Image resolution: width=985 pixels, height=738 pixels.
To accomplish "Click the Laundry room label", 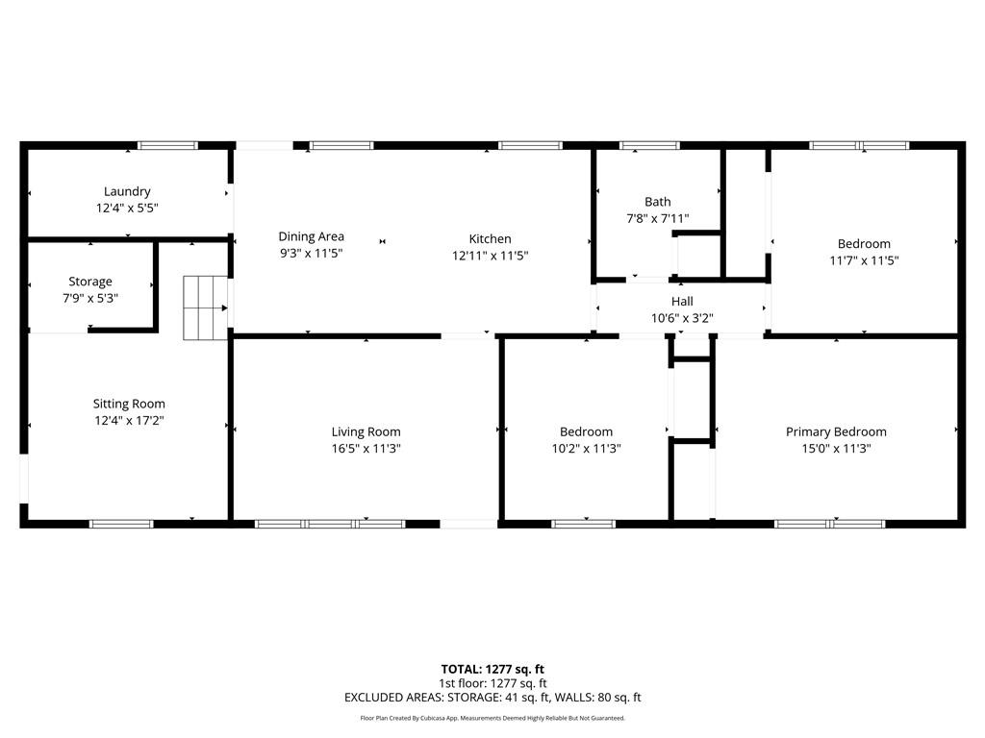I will pos(127,191).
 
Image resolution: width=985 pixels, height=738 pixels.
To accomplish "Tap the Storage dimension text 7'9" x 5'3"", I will pos(89,298).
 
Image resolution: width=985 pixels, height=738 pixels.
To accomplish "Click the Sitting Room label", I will pos(129,404).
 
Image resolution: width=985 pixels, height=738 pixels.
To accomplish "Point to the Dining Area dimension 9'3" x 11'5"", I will pos(311,253).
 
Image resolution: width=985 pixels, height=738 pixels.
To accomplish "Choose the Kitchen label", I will pos(490,238).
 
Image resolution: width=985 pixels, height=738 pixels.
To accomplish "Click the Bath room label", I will pos(658,202).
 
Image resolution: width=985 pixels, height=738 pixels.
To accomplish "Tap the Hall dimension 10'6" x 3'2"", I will pos(681,318).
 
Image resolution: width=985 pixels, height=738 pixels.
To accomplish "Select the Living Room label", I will pos(366,431).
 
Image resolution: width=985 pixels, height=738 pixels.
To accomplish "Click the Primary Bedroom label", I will pos(836,431).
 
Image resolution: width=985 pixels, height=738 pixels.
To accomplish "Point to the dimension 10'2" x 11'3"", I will pos(586,448).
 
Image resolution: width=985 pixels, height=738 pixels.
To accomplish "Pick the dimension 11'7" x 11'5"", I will pos(864,260).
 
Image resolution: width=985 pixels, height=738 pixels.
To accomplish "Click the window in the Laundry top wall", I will pos(167,146).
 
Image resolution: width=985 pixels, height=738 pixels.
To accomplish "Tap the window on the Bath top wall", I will pos(649,146).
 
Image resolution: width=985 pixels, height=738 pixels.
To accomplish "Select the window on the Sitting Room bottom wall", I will pos(121,524).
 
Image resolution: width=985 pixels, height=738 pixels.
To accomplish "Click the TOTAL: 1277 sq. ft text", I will pos(492,669).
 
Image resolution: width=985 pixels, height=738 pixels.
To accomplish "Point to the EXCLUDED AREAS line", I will pos(492,698).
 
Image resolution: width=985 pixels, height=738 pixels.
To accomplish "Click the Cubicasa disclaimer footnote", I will pos(492,718).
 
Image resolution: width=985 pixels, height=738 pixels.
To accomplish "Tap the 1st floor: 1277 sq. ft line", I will pos(492,683).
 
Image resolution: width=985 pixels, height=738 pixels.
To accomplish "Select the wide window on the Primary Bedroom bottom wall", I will pos(829,524).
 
